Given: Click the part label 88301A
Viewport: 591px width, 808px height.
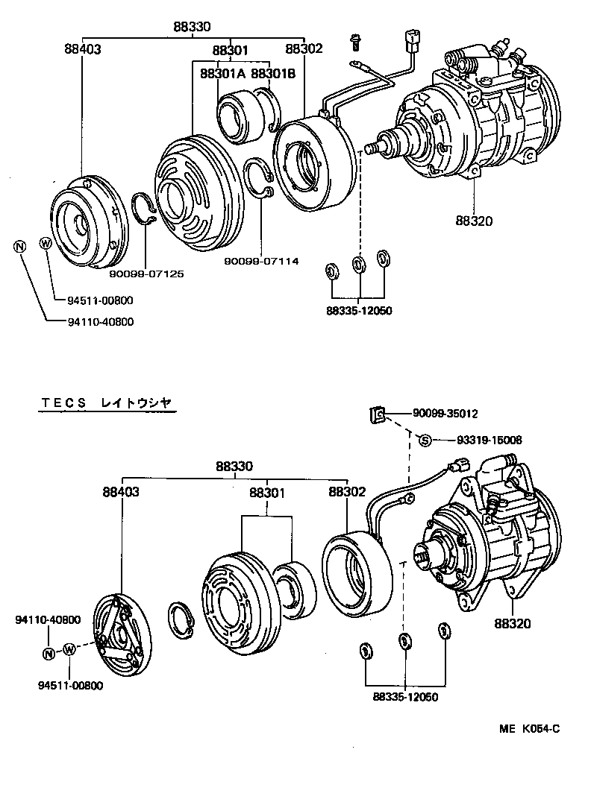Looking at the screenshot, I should [222, 74].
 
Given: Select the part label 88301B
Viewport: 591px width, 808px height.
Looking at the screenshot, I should [274, 74].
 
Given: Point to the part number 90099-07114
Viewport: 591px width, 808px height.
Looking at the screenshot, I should [262, 261].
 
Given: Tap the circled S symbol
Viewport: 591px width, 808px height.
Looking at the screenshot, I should [425, 440].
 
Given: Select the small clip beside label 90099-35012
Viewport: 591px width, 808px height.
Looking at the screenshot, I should [378, 414].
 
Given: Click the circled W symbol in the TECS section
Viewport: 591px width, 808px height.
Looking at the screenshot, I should [69, 650].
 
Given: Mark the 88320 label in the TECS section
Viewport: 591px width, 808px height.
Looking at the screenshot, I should [513, 623].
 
